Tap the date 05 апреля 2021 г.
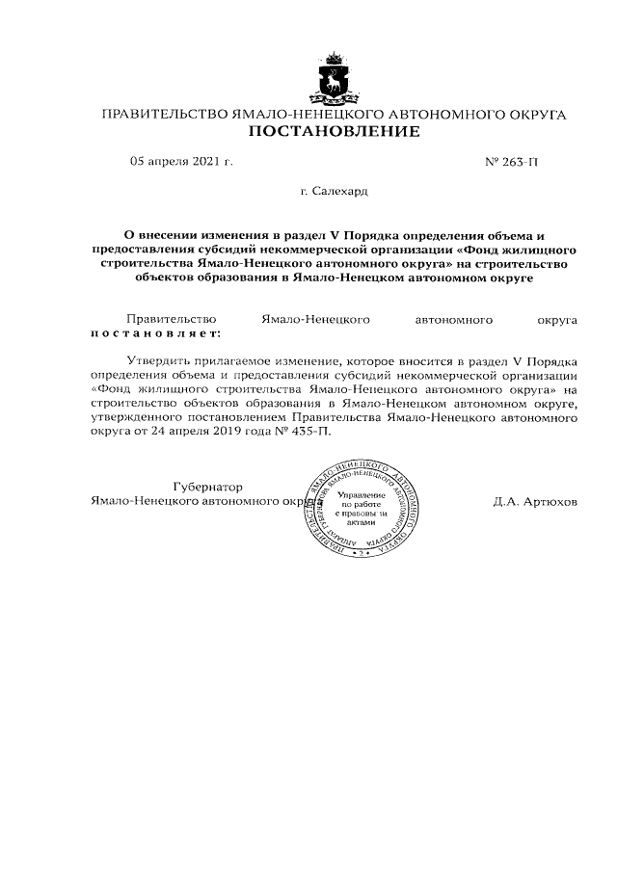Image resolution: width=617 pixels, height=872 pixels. coord(181,163)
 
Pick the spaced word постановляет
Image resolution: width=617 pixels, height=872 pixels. coord(154,332)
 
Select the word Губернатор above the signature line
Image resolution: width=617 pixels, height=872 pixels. coord(208,488)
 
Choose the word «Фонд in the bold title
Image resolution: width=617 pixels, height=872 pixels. coord(479,248)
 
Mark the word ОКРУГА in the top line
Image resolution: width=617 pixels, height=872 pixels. coord(533,115)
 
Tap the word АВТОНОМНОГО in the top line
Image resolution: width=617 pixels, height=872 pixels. coord(435,115)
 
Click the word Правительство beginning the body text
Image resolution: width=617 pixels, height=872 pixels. coord(172,318)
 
